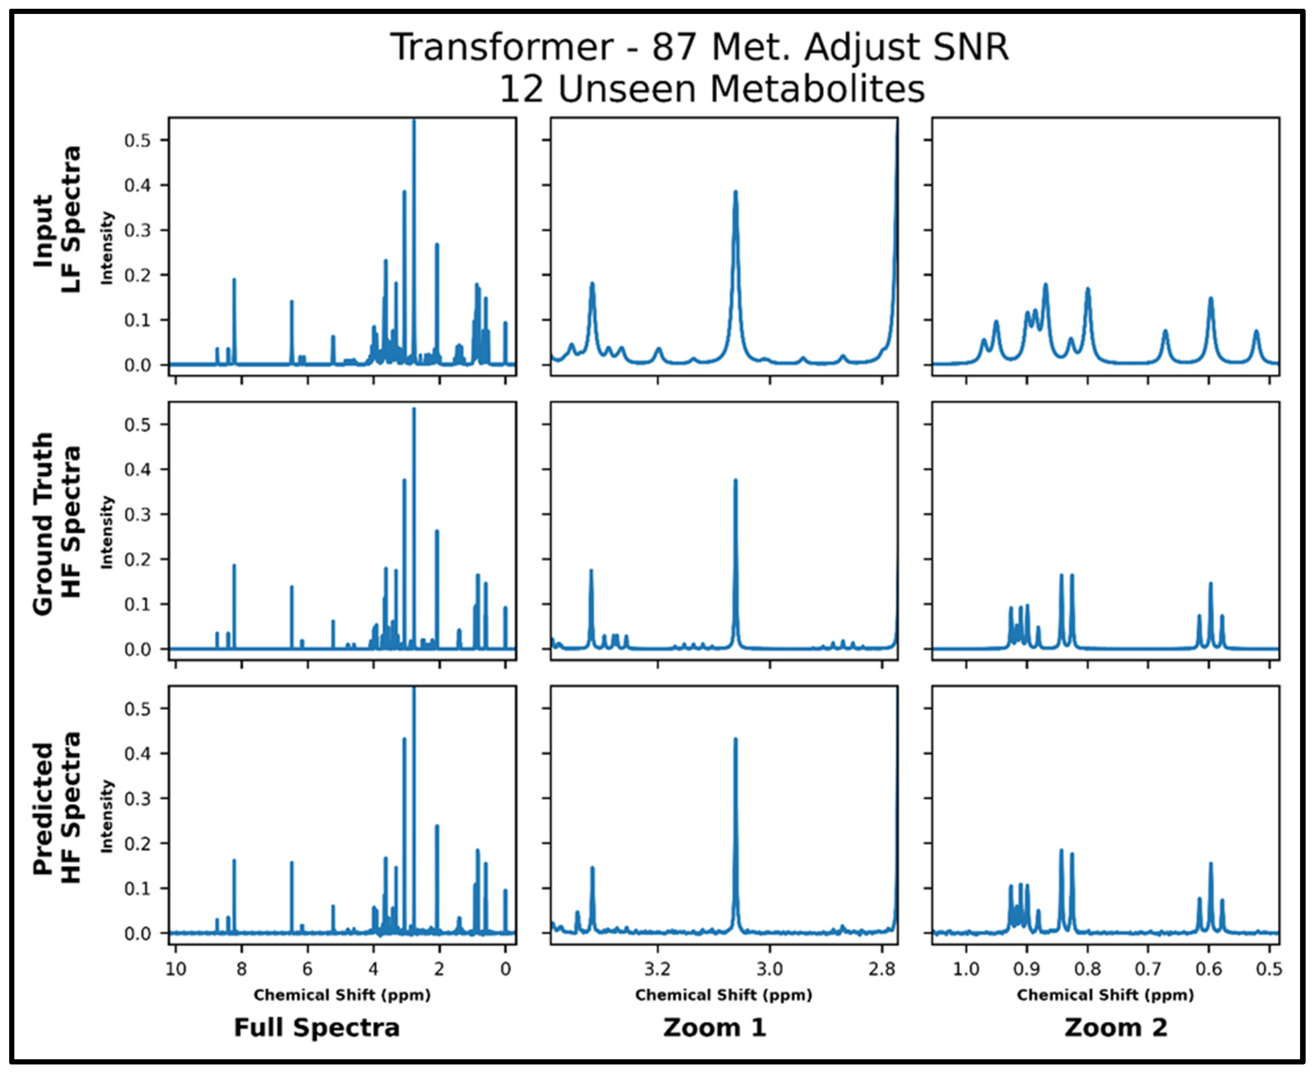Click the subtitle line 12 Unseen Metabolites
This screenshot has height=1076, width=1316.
(712, 89)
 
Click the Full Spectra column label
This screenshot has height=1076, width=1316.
(316, 1028)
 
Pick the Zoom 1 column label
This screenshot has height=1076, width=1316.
(715, 1028)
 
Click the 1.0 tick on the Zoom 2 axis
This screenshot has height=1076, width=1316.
(966, 969)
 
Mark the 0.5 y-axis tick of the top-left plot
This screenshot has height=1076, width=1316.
(137, 141)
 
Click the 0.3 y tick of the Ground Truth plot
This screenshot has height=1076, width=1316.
(137, 515)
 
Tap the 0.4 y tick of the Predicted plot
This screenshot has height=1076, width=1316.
(137, 754)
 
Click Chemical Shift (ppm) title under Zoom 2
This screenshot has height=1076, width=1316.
(1105, 996)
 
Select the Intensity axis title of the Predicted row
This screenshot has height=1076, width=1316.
(107, 816)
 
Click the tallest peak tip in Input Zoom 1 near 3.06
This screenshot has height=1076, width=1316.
(736, 192)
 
